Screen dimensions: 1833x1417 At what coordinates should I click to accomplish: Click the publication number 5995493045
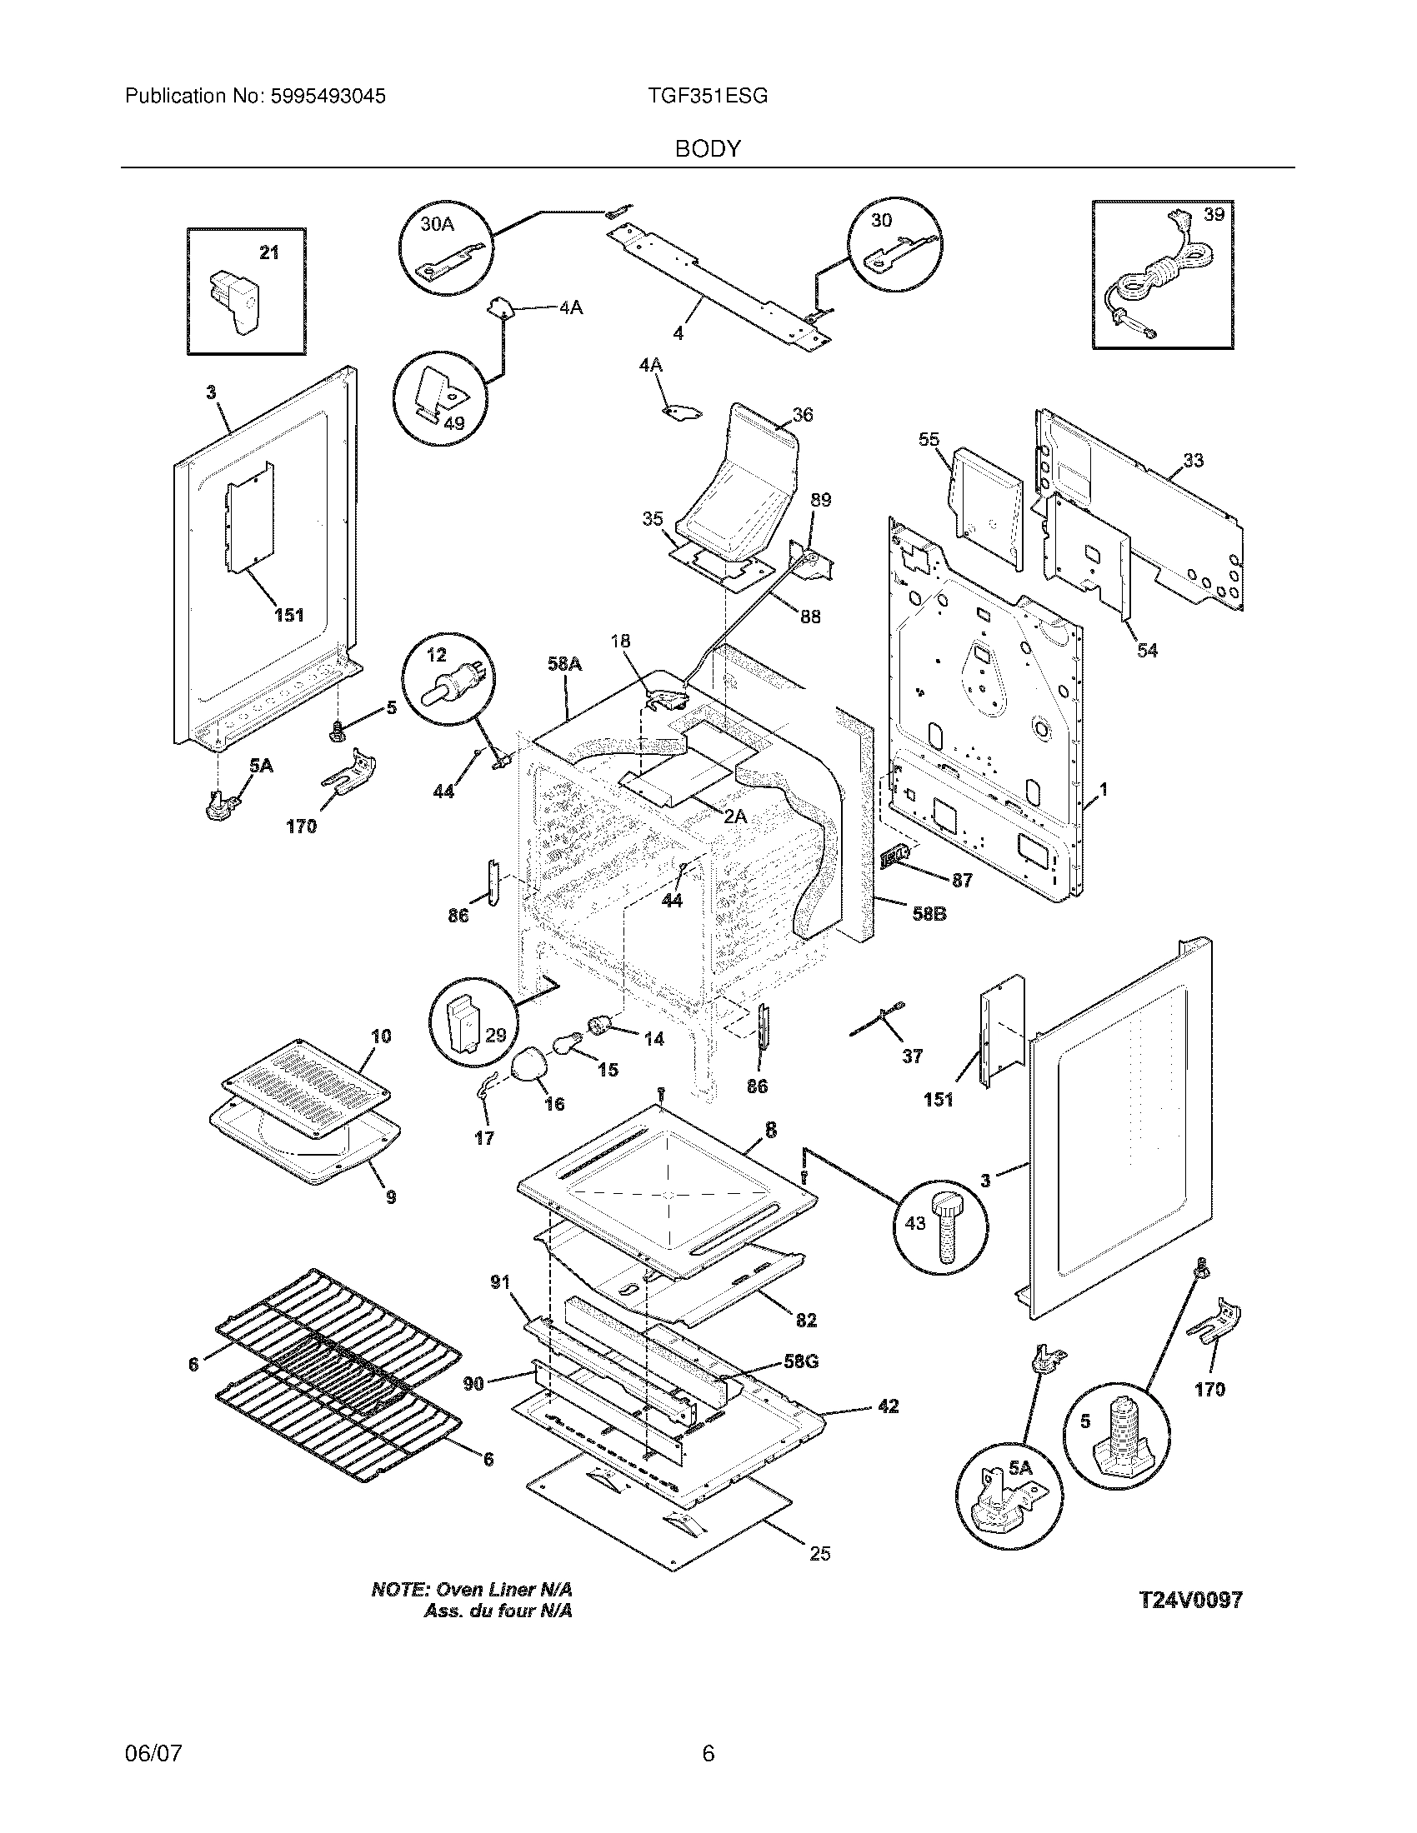click(x=328, y=97)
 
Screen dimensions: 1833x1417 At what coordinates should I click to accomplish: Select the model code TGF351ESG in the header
click(x=707, y=97)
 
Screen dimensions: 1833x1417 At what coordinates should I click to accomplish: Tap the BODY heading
click(x=708, y=149)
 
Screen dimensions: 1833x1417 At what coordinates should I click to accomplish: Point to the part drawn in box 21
click(x=235, y=302)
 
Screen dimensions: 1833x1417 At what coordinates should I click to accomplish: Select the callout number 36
click(x=803, y=415)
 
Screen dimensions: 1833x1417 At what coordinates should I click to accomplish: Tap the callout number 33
click(x=1193, y=460)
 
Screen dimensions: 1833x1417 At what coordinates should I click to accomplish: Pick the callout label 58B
click(x=929, y=913)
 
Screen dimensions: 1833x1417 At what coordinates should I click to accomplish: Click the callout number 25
click(x=819, y=1554)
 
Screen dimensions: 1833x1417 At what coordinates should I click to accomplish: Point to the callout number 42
click(x=888, y=1406)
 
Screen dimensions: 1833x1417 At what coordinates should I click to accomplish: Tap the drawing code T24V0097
click(x=1189, y=1600)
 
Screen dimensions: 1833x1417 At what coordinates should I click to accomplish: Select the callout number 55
click(x=929, y=440)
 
